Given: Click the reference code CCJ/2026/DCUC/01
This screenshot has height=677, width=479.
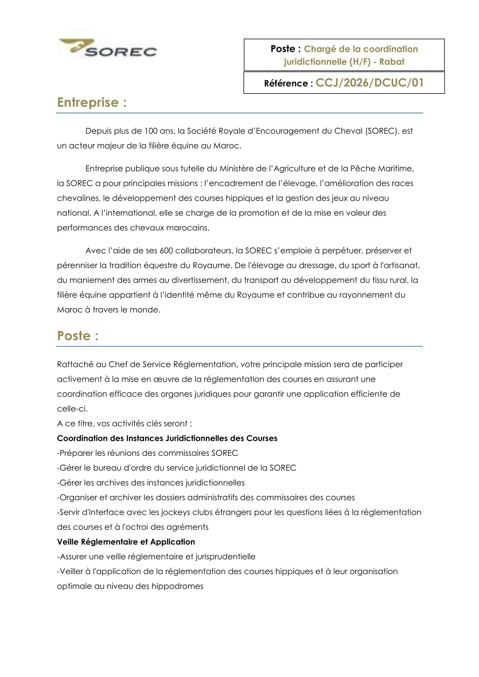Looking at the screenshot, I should [x=369, y=83].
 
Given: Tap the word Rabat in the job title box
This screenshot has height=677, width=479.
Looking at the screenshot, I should [x=392, y=62].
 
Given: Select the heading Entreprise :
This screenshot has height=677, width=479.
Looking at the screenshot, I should [x=92, y=103].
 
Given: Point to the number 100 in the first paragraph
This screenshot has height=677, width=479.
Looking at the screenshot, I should [x=151, y=131].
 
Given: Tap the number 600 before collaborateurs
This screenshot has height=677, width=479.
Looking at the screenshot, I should [x=166, y=251].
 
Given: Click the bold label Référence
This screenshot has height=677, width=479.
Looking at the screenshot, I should [x=286, y=83].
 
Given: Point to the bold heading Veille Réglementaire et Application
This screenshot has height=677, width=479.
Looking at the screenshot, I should [x=126, y=542].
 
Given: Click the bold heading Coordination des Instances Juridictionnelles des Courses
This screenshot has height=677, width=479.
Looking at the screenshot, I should [x=167, y=438].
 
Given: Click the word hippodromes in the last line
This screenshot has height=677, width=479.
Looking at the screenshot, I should [x=177, y=586].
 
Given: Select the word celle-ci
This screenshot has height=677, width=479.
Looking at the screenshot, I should [x=72, y=409].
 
